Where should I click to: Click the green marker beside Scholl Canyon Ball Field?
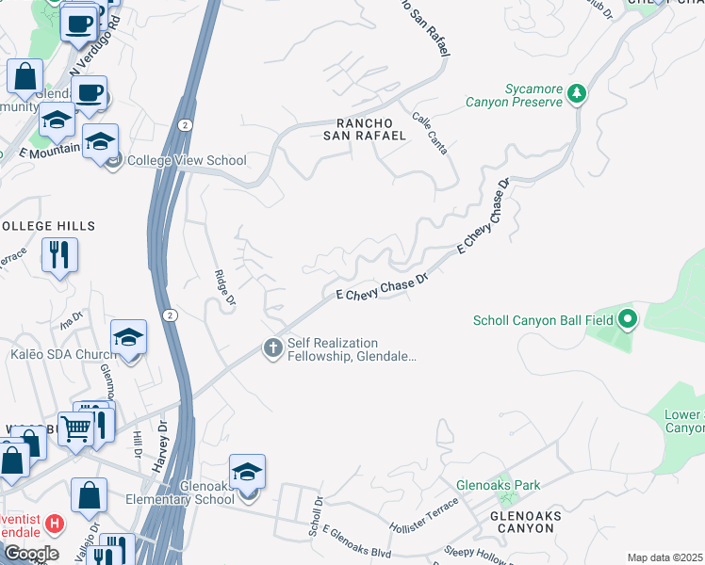click(x=627, y=320)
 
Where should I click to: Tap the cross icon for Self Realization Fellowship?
click(x=273, y=349)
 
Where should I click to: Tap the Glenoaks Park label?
click(x=498, y=485)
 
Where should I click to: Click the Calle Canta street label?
click(x=430, y=134)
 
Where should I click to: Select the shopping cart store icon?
click(x=74, y=428)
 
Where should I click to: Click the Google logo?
click(x=31, y=554)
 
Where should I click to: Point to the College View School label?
click(x=187, y=161)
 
